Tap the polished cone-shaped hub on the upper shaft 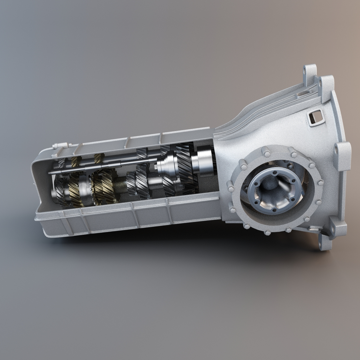pyautogui.click(x=166, y=163)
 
